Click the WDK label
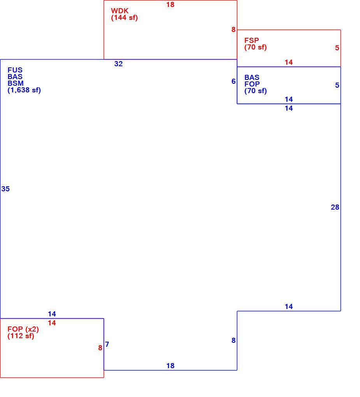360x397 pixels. coord(120,11)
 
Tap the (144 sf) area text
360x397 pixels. coord(124,18)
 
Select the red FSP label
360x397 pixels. coord(252,41)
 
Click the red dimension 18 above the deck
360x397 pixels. coord(170,5)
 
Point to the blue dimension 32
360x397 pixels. coord(118,64)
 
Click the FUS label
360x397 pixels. coord(15,70)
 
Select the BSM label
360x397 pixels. coord(16,83)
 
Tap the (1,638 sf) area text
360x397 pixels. coord(24,90)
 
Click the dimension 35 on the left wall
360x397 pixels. coord(5,189)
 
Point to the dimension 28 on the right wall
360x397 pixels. coord(335,207)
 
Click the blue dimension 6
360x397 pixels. coord(233,81)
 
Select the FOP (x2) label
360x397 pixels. coord(23,329)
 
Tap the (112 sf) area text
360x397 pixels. coord(21,336)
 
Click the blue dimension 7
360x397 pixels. coord(107,344)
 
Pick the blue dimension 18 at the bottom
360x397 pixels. coord(170,366)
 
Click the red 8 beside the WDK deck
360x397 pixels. coord(233,30)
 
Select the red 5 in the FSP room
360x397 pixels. coord(337,48)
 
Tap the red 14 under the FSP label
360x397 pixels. coord(289,62)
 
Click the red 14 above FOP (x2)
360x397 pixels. coord(52,323)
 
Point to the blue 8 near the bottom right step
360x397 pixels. coord(233,341)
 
